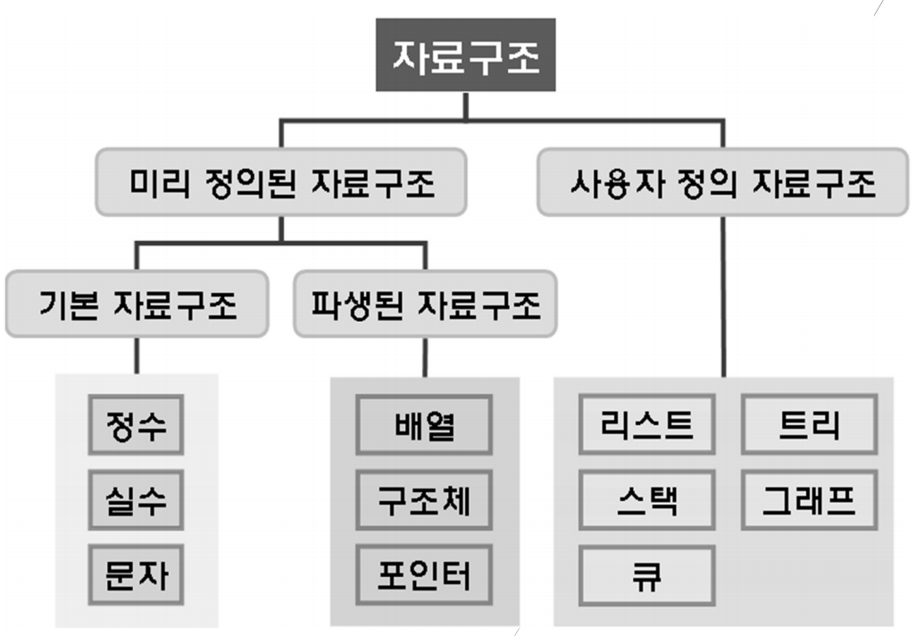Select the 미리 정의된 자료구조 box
[x=280, y=185]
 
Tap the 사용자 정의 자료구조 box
[x=722, y=185]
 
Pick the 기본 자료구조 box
[x=137, y=305]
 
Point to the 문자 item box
[x=137, y=574]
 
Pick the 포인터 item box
[x=424, y=574]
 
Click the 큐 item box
[x=647, y=576]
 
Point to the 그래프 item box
[x=809, y=500]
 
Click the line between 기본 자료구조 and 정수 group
[x=137, y=355]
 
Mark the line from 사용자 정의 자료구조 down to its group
[x=722, y=295]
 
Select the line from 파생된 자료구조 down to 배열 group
[x=424, y=356]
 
